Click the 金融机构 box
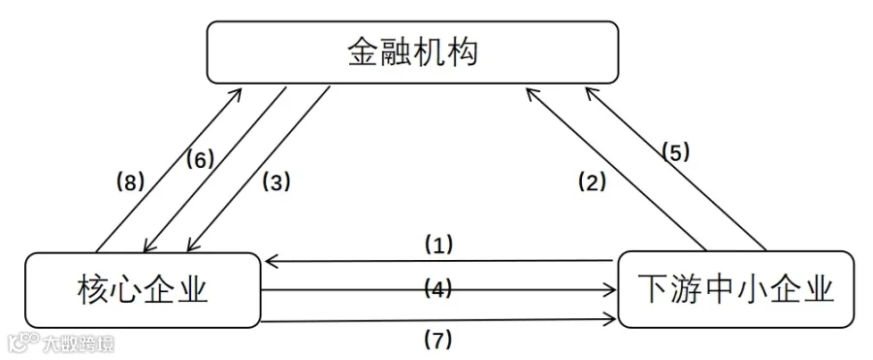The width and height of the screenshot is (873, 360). click(412, 52)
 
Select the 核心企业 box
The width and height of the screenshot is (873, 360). click(143, 290)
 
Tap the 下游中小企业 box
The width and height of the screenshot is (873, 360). click(735, 289)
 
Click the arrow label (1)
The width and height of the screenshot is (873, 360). click(438, 245)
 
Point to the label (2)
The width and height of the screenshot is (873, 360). click(592, 182)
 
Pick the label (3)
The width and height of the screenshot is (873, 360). click(276, 182)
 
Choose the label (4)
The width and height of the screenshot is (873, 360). click(438, 288)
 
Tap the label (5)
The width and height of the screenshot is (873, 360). click(675, 151)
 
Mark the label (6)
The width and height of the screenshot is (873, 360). click(199, 160)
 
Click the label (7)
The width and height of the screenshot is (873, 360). click(438, 340)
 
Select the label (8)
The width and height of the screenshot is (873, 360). click(130, 182)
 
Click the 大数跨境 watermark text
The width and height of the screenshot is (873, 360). click(79, 344)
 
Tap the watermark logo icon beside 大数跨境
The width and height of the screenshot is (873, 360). click(23, 343)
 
